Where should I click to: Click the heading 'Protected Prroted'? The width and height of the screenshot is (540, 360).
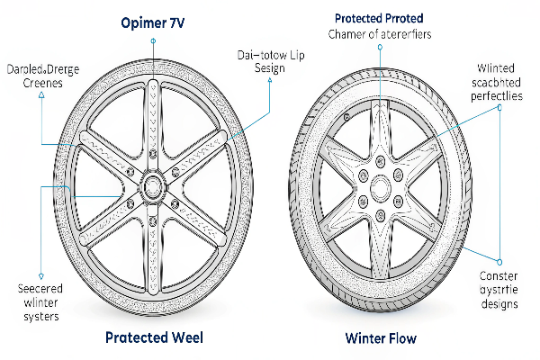(x=380, y=19)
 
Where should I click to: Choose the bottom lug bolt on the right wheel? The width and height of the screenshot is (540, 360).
(x=380, y=214)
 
